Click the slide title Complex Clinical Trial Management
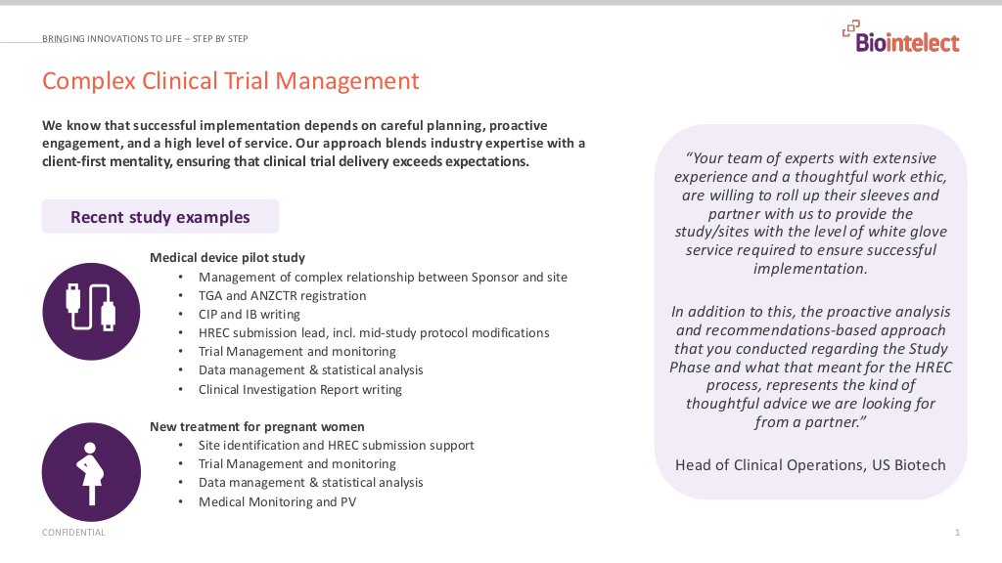(231, 81)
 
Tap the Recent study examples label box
(159, 217)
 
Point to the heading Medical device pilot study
(227, 258)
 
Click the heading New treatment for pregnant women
(257, 427)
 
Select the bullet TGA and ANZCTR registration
(282, 295)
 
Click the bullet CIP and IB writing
(249, 314)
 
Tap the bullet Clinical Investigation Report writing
(299, 389)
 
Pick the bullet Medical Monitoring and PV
(277, 501)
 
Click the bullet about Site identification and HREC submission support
(336, 445)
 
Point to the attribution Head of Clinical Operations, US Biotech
(810, 464)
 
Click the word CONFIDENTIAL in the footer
(73, 533)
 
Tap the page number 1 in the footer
(957, 533)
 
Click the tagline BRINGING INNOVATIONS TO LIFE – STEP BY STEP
(145, 39)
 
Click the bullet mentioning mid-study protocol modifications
(373, 332)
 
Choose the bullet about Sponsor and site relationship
(383, 277)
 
